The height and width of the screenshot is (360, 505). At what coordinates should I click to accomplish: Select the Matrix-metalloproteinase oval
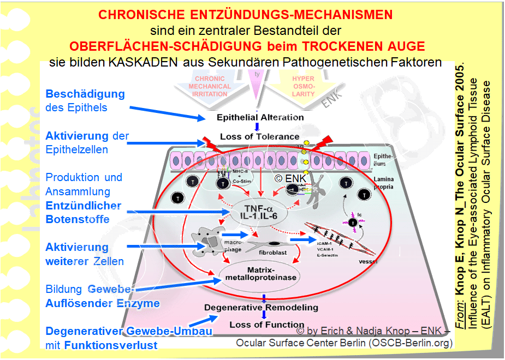click(259, 273)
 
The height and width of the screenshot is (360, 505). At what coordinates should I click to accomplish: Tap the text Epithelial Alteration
click(260, 117)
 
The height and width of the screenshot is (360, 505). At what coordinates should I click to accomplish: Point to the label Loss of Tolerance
click(259, 136)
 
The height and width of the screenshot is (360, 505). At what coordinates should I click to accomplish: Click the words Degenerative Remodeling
click(261, 308)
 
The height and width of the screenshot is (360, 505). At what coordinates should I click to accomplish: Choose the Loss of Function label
click(259, 325)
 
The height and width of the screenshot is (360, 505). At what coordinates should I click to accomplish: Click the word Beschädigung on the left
click(85, 94)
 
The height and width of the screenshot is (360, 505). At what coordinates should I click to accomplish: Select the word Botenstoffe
click(78, 219)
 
